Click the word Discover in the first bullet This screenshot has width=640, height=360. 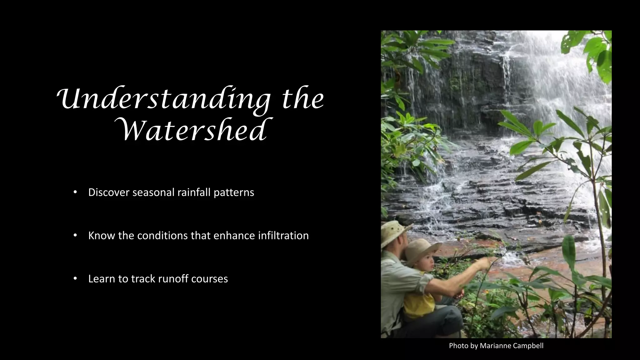tap(109, 192)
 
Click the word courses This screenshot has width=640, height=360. tap(209, 279)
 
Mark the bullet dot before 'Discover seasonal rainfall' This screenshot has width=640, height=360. tap(75, 192)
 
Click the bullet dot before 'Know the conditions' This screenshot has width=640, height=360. tap(75, 235)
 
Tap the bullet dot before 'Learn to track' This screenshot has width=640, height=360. tap(75, 278)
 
